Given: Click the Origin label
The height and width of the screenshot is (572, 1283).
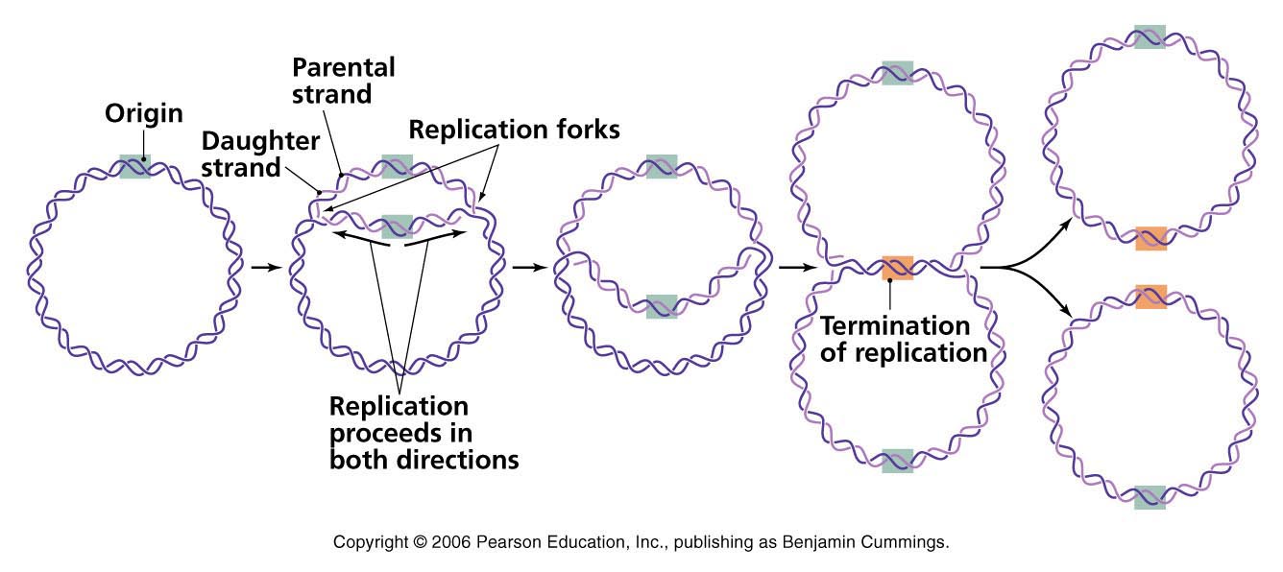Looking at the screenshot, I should (x=143, y=114).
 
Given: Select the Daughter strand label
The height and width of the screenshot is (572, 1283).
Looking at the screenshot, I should (x=260, y=154).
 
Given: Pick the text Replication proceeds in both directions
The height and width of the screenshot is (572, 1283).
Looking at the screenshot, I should (x=424, y=432).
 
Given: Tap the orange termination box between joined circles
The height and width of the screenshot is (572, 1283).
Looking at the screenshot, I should (x=897, y=268).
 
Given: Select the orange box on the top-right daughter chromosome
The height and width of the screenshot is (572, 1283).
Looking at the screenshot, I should (x=1150, y=238).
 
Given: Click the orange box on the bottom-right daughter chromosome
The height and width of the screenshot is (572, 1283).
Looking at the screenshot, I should (x=1150, y=296).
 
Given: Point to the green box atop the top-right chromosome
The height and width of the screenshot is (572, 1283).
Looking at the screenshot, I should (x=1150, y=37).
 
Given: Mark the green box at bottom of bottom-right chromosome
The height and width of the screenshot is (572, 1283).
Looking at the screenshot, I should (x=1150, y=497).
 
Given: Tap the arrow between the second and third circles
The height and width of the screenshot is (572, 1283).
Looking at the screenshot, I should (x=525, y=267).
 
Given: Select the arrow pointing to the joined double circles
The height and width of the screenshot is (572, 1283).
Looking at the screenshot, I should (x=793, y=267).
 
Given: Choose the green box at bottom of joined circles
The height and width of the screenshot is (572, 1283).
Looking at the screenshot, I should (x=897, y=461).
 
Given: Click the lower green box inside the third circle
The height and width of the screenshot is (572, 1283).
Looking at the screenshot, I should (x=662, y=306).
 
